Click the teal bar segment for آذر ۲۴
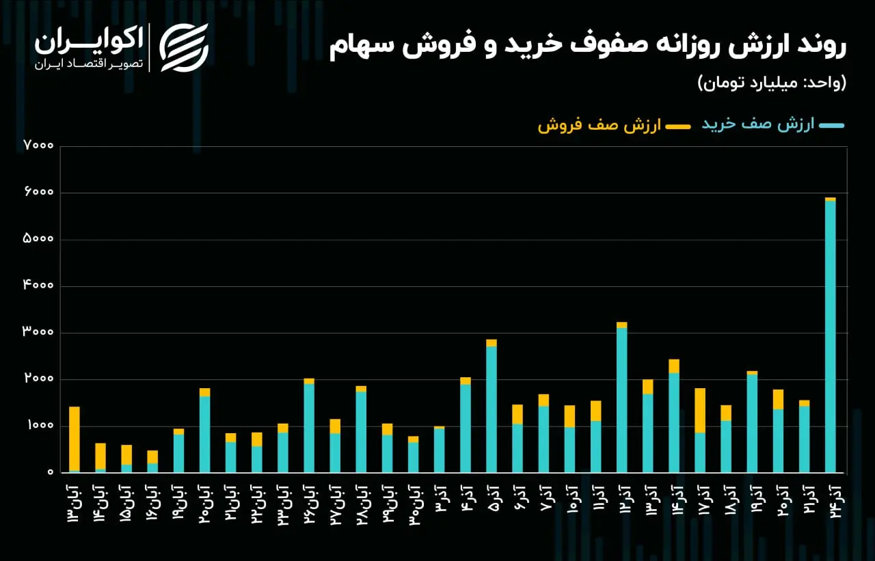point(830,336)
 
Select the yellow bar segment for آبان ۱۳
point(75,439)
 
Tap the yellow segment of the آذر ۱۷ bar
point(700,410)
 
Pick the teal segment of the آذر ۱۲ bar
point(622,400)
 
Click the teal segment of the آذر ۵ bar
point(492,409)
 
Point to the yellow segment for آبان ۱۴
point(100,456)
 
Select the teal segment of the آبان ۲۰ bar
point(204,435)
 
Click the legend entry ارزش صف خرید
point(773,124)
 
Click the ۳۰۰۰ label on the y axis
point(38,331)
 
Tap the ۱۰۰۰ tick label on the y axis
point(40,425)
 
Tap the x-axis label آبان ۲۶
point(310,504)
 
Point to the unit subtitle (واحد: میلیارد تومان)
point(772,83)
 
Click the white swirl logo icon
point(184,48)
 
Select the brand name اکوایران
point(89,40)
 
